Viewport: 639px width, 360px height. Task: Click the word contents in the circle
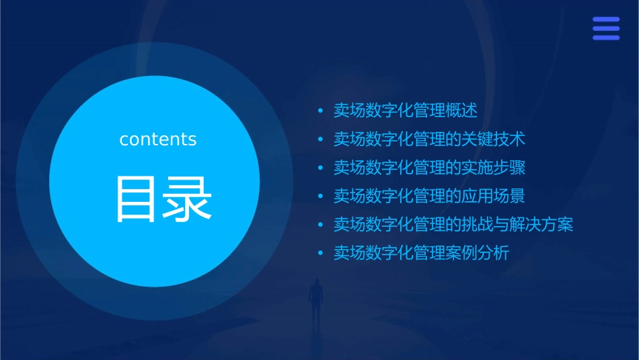pos(158,139)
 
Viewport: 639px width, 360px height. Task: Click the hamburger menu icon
pos(606,28)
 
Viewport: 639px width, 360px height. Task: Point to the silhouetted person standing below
pos(315,299)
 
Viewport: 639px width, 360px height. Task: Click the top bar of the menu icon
pos(606,20)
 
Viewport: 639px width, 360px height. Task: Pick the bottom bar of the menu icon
pos(606,37)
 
